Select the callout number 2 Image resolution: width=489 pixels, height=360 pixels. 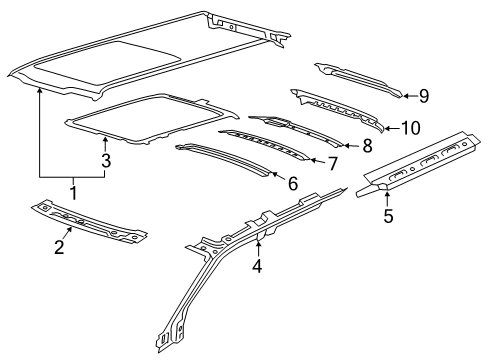coord(59,247)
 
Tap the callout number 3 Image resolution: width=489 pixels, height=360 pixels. coord(106,159)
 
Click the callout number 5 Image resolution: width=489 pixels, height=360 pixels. coord(387,213)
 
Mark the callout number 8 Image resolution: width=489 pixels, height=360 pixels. coord(366,146)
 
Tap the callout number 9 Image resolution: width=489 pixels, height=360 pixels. coord(424,96)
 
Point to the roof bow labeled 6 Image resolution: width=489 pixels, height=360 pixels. coord(225,161)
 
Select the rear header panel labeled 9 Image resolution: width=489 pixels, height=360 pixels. coord(355,79)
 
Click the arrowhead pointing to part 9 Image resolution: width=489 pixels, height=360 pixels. coord(407,96)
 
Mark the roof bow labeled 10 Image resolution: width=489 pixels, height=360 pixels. coord(340,111)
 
